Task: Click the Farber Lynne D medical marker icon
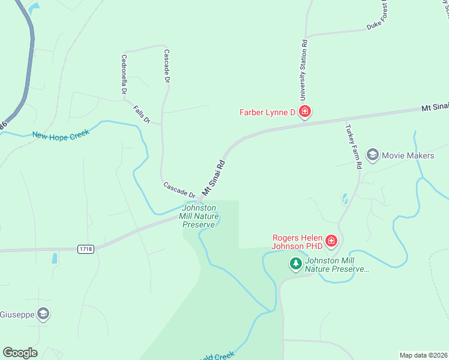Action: coord(305,112)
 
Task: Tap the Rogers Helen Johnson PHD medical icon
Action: coord(331,241)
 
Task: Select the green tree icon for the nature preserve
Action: coord(295,263)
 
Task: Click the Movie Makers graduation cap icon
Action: coord(372,155)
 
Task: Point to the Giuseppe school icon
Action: coord(43,313)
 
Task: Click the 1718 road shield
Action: coord(85,248)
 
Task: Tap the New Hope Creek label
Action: coord(61,134)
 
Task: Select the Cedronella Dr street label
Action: coord(124,75)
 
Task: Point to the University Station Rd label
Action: coord(304,70)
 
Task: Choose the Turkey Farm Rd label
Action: coord(352,146)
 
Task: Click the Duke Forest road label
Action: coord(379,18)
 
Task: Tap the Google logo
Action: coord(20,353)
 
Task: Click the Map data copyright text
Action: coord(423,355)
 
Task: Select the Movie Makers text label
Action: coord(408,155)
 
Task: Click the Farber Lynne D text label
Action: coord(268,112)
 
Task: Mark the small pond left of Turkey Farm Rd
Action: coord(345,199)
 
